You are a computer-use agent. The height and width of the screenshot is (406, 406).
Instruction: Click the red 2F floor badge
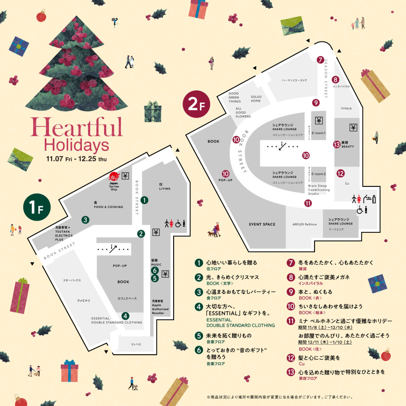[197, 104]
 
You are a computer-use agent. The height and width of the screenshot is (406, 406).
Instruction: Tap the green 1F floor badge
[37, 207]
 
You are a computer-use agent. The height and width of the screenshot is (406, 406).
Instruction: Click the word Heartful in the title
[76, 127]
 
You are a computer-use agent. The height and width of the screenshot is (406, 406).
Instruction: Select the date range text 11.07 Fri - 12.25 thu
[76, 159]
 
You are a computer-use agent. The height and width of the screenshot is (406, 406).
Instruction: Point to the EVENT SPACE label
[262, 224]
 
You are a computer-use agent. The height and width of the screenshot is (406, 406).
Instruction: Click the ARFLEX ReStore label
[304, 224]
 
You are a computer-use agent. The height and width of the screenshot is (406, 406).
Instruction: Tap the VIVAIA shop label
[346, 108]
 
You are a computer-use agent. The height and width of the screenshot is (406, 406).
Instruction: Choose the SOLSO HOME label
[256, 99]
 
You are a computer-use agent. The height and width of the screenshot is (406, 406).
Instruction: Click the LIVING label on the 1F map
[165, 187]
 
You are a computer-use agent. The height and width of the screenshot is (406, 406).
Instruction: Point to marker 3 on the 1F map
[85, 219]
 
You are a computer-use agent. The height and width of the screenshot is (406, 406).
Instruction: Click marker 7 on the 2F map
[320, 60]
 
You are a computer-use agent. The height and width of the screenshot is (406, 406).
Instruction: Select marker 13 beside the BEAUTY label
[337, 145]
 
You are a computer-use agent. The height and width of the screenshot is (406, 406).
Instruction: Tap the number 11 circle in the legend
[291, 321]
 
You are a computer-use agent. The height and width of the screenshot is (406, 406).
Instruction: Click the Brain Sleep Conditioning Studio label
[318, 190]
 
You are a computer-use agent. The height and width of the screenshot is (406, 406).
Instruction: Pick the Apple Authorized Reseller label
[160, 307]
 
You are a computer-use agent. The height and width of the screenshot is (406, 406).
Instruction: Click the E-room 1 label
[318, 133]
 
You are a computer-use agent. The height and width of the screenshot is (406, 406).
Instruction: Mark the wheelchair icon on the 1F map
[178, 224]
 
